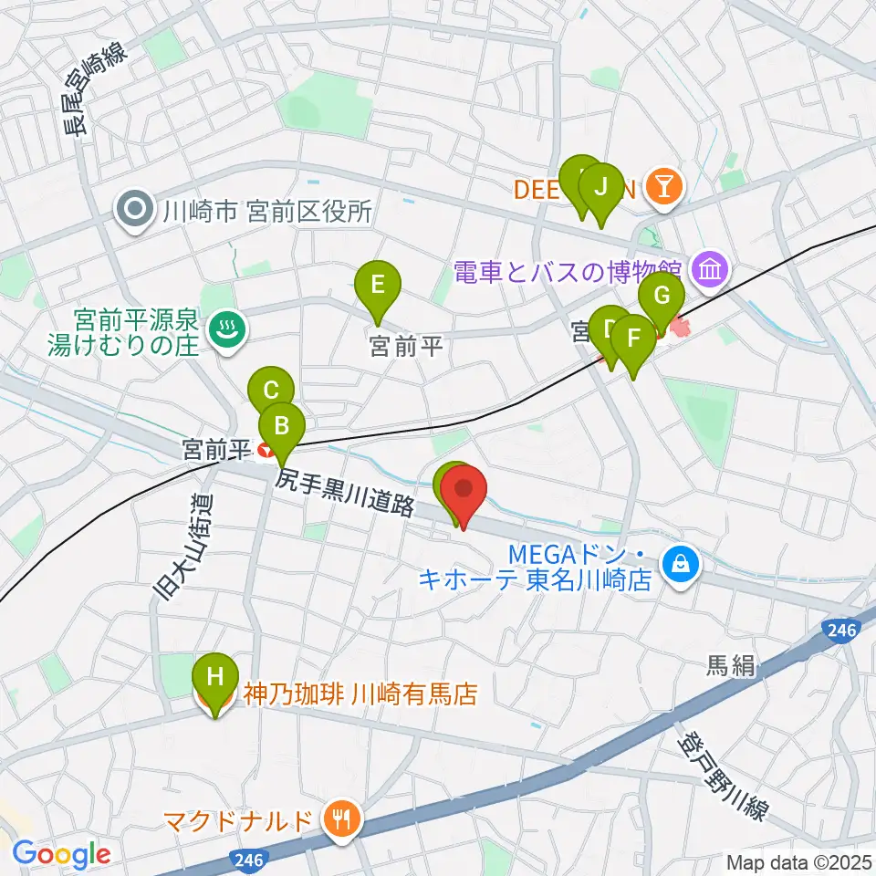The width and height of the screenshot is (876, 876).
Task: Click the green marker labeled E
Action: click(378, 287)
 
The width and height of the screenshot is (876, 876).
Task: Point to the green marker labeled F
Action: click(634, 340)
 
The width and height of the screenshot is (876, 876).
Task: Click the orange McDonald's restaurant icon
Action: click(340, 819)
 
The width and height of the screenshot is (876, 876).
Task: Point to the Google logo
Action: click(61, 854)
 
